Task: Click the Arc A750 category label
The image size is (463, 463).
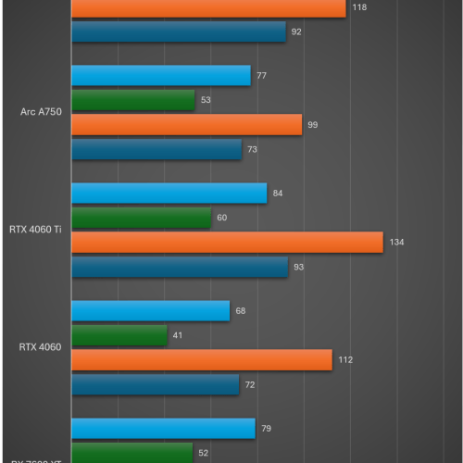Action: (41, 112)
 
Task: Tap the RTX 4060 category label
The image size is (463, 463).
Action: (41, 347)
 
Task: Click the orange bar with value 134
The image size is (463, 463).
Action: (227, 242)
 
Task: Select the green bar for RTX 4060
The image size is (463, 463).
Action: (119, 335)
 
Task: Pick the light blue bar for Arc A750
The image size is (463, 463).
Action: (161, 76)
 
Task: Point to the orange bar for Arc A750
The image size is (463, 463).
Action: (187, 124)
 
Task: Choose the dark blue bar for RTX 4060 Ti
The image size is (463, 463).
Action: (180, 267)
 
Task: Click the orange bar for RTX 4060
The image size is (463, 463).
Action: (202, 359)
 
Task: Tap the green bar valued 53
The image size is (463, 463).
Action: (133, 100)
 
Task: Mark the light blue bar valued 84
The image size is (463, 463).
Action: (169, 194)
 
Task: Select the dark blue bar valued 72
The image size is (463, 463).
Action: (156, 383)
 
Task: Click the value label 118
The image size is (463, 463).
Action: (360, 7)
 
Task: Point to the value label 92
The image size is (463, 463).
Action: (296, 31)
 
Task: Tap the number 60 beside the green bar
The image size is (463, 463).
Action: (222, 218)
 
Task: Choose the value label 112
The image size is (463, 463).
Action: (345, 359)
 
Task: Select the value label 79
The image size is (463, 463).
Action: (266, 429)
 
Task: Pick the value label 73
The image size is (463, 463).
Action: (252, 149)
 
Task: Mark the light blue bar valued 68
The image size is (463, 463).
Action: (151, 311)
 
